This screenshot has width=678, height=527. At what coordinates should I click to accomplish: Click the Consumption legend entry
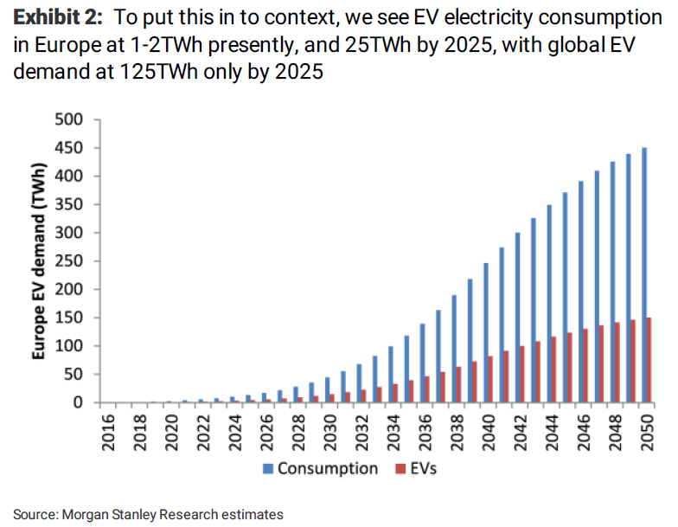click(x=329, y=468)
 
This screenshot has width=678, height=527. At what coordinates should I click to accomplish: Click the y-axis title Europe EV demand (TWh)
click(x=39, y=260)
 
